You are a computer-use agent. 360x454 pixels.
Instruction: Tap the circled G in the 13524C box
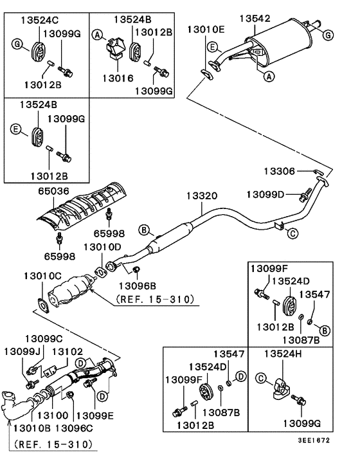pyautogui.click(x=17, y=44)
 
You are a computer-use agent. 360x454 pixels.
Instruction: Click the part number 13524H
pyautogui.click(x=284, y=354)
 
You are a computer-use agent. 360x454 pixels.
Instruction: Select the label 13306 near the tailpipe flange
pyautogui.click(x=280, y=170)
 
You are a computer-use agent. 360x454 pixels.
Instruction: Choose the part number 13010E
pyautogui.click(x=206, y=30)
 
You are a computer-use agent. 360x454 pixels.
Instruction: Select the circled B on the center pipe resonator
pyautogui.click(x=145, y=230)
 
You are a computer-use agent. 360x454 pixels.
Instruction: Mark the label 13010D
pyautogui.click(x=102, y=246)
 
